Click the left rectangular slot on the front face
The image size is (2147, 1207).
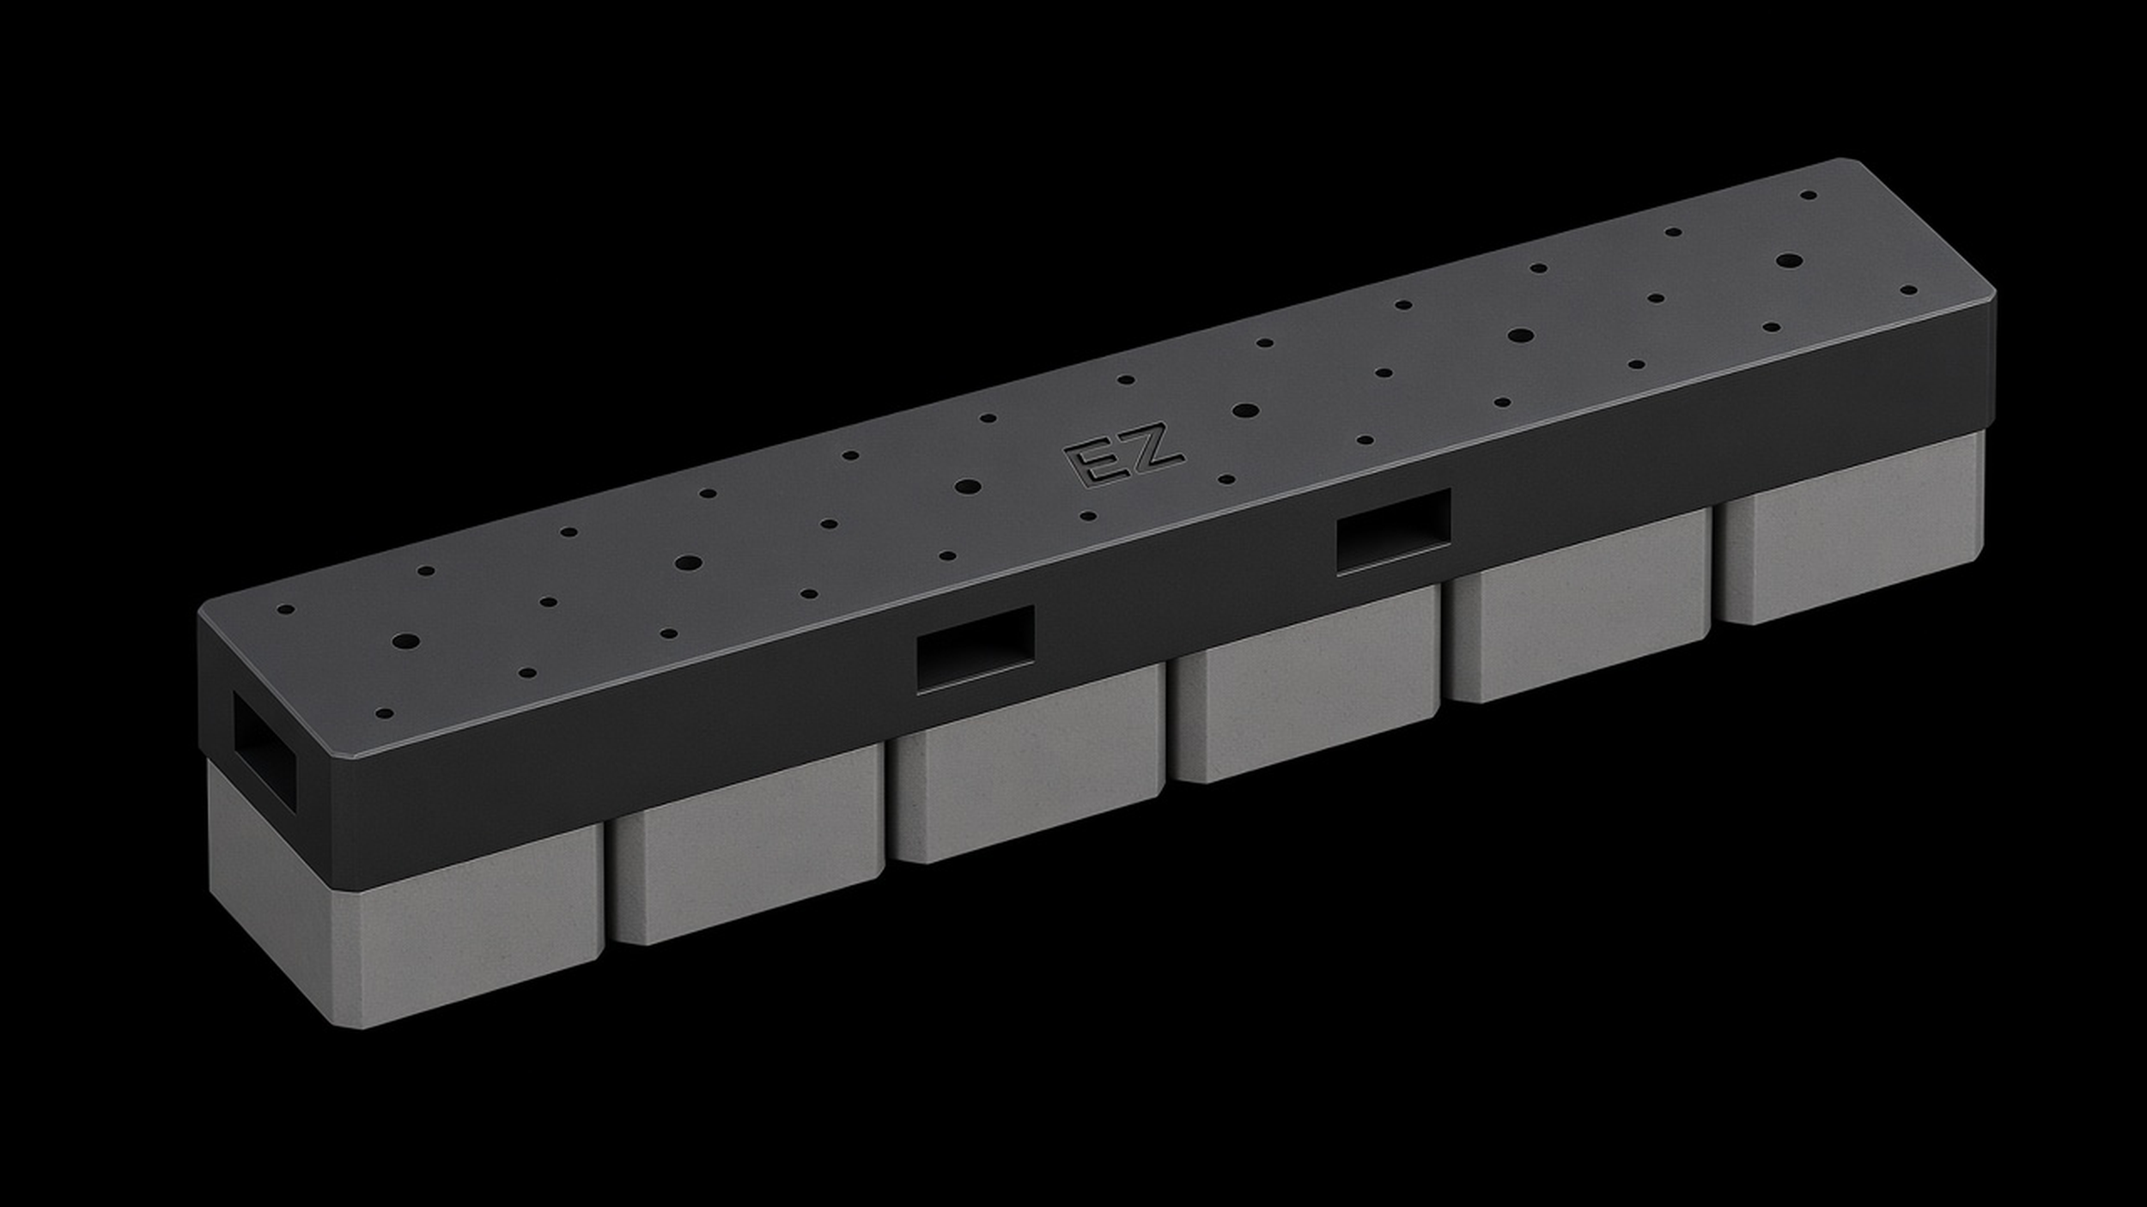click(x=976, y=648)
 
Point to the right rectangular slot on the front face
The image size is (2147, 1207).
click(x=1394, y=531)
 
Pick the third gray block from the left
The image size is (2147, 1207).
click(x=1026, y=763)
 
